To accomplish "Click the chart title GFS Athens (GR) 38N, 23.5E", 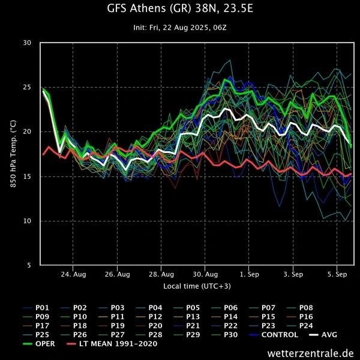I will [179, 9].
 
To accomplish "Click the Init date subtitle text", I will [179, 28].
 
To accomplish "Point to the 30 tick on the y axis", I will [28, 43].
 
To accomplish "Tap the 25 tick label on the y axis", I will [28, 87].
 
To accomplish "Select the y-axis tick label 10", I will [28, 221].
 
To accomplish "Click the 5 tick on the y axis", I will [29, 265].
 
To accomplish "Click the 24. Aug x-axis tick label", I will [73, 274].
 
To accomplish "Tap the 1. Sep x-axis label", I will [249, 274].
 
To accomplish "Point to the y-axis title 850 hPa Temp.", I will [13, 154].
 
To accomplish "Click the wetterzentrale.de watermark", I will [311, 353].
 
